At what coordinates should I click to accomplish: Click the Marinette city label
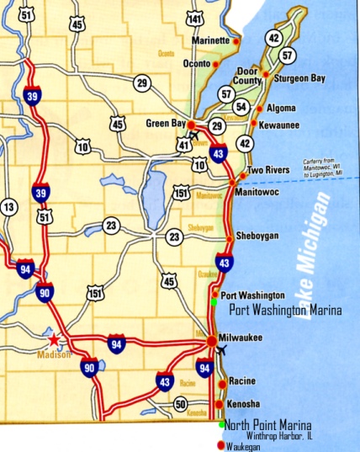[210, 40]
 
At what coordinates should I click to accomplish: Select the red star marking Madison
[56, 340]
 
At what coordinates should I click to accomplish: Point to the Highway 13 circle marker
[9, 206]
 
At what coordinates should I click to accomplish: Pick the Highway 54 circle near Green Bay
[242, 106]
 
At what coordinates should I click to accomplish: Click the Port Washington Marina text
[286, 311]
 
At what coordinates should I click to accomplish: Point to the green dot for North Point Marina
[221, 423]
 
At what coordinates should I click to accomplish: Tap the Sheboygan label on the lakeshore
[256, 235]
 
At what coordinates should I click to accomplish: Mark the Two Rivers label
[269, 170]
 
